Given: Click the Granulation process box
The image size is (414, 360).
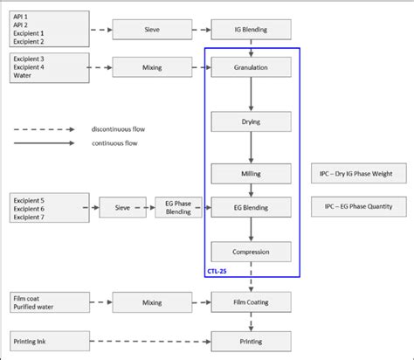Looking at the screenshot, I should click(251, 67).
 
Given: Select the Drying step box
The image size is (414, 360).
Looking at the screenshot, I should click(251, 121).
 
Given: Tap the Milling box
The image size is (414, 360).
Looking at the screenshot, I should click(251, 174).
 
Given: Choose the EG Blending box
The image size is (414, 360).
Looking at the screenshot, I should click(251, 208).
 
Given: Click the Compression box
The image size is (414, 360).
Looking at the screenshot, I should click(251, 252).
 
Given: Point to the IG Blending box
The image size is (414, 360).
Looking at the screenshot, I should click(251, 31).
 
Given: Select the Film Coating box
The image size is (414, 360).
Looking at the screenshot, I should click(251, 303).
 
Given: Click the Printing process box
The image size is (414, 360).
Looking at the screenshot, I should click(251, 341).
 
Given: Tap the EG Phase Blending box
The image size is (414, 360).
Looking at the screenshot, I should click(177, 208).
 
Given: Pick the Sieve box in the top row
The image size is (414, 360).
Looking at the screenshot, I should click(151, 31).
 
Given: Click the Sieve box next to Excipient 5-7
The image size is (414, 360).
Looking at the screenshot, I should click(122, 208).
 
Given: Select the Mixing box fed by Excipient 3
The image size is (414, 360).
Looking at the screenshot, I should click(151, 67).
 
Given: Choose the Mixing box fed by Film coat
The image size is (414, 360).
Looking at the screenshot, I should click(151, 303).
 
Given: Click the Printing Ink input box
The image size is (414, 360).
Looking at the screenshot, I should click(50, 341).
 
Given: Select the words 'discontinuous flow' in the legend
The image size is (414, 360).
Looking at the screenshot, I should click(119, 129).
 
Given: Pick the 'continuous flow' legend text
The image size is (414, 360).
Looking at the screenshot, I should click(114, 143).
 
